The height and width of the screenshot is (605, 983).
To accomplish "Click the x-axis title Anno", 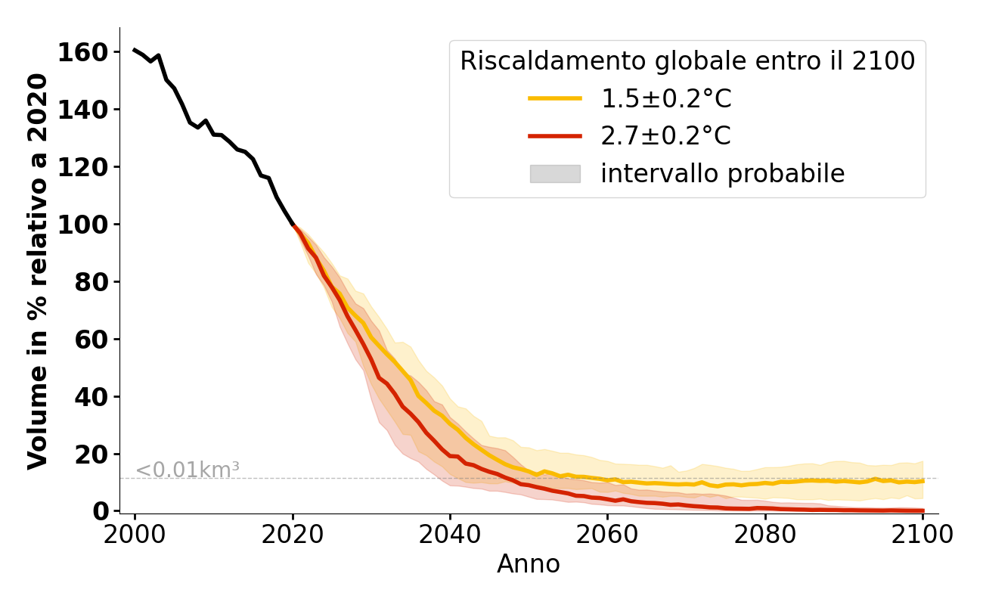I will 529,564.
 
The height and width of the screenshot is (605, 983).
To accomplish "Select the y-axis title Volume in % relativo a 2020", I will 39,271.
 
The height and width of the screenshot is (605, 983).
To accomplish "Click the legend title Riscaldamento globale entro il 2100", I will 687,61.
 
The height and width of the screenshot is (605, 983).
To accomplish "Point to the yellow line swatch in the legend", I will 555,98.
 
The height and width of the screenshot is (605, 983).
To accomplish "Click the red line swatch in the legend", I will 555,136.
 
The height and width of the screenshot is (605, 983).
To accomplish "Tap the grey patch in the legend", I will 555,174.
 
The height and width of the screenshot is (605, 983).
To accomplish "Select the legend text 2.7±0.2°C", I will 665,136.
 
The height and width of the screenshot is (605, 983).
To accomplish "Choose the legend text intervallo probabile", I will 722,174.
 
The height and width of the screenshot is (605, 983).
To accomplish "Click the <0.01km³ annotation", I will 188,470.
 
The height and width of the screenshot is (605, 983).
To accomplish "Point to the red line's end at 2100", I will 923,510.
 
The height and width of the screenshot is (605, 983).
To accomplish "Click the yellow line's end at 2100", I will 923,481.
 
